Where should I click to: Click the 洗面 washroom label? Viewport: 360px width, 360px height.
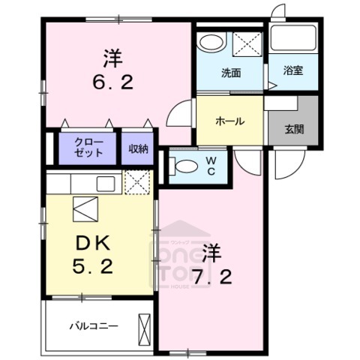[x=230, y=73]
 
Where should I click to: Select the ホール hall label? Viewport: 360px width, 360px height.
[x=229, y=120]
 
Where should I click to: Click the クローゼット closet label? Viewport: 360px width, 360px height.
[x=88, y=148]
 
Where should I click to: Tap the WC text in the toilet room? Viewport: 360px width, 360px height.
[x=211, y=166]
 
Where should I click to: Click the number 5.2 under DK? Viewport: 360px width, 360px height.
[x=93, y=265]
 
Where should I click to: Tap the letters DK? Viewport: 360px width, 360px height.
[x=91, y=242]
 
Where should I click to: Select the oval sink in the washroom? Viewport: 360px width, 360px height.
[x=212, y=42]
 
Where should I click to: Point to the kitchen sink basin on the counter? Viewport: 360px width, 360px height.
[x=106, y=182]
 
